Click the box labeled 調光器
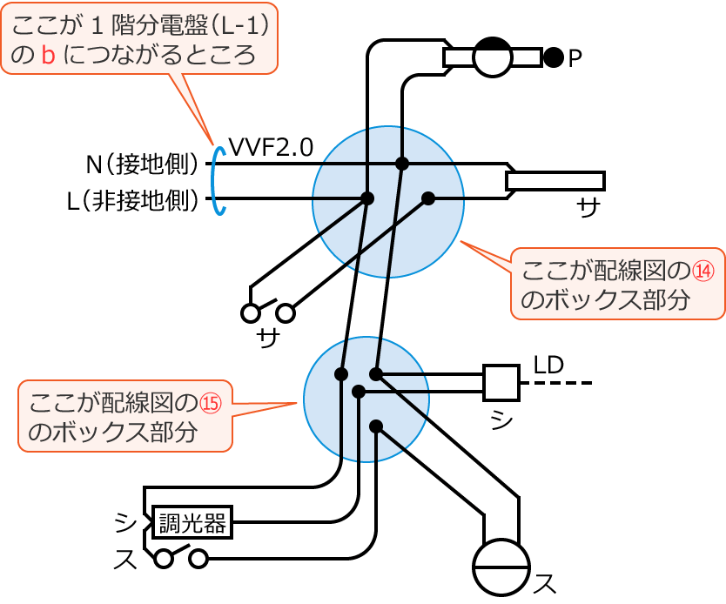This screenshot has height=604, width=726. tap(192, 523)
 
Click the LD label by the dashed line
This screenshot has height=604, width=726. tap(548, 366)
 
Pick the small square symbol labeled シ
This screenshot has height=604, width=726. tap(501, 382)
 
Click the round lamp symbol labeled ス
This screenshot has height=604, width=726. tap(501, 567)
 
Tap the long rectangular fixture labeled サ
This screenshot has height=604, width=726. tap(555, 180)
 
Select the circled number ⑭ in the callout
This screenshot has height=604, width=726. tap(702, 271)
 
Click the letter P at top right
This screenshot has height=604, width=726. tap(575, 59)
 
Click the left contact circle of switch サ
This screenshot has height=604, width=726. tap(250, 312)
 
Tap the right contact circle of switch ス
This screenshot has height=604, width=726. tap(199, 558)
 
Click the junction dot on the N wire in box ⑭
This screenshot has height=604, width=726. tap(401, 164)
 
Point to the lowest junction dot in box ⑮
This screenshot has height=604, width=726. tap(376, 426)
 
